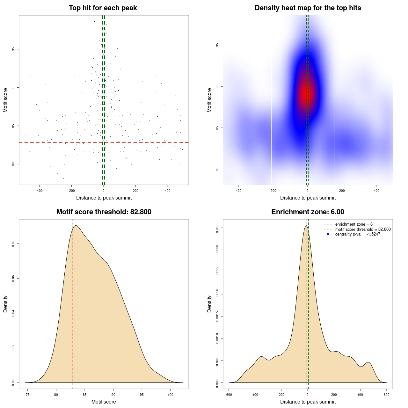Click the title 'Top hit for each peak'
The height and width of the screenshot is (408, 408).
click(103, 8)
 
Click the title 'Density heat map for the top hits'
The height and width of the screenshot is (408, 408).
click(308, 8)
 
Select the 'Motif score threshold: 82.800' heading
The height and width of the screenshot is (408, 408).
click(104, 212)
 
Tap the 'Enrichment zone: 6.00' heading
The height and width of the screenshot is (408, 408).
click(308, 212)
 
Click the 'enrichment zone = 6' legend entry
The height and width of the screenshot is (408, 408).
click(354, 224)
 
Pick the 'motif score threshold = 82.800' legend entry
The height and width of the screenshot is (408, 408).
click(363, 229)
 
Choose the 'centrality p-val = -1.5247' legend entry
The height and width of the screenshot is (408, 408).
click(358, 234)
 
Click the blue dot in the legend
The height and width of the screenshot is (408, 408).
click(328, 234)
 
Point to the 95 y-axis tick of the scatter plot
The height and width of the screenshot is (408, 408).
click(13, 49)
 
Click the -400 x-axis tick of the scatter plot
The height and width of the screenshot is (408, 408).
click(39, 191)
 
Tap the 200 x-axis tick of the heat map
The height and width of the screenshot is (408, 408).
click(342, 191)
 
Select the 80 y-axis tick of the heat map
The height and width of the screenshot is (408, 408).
click(217, 169)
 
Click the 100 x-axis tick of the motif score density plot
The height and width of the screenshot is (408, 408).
click(170, 395)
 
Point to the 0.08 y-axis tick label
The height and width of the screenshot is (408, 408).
click(13, 244)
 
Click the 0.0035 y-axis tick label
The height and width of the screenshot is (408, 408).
click(217, 228)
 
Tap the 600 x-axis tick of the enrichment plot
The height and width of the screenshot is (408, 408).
click(386, 395)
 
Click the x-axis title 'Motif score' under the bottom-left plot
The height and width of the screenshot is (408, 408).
click(104, 402)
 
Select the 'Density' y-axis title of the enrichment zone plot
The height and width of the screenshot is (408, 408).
click(209, 304)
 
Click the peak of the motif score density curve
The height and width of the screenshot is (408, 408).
click(76, 226)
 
